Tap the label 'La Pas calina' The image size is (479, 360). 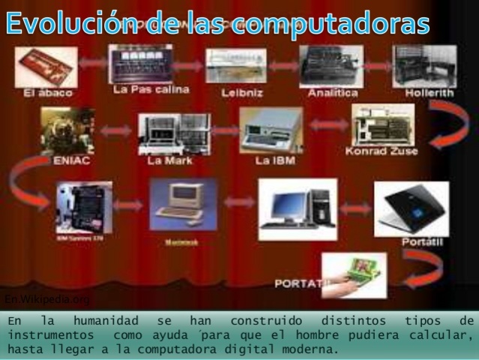(x=141, y=89)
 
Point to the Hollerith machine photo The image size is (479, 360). (x=424, y=65)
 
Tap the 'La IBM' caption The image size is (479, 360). (x=274, y=160)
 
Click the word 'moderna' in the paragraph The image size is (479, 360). (x=313, y=349)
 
